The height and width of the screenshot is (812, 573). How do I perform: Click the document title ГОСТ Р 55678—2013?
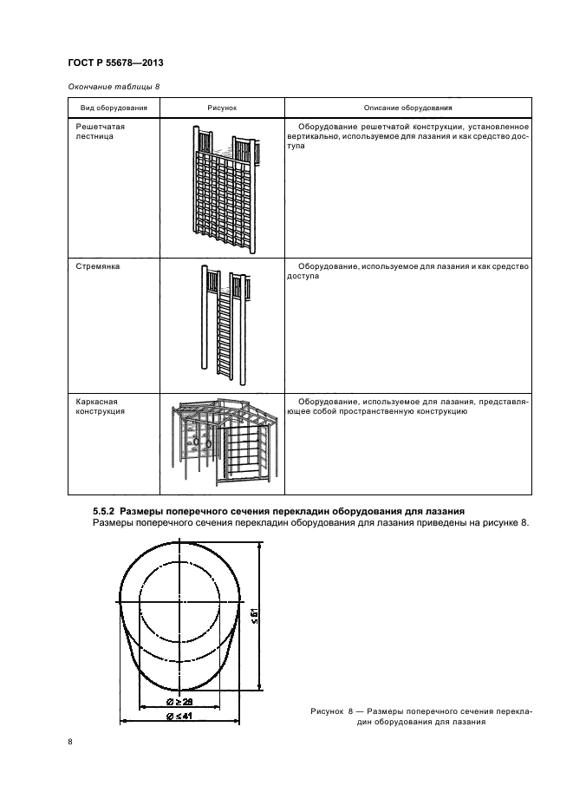(115, 62)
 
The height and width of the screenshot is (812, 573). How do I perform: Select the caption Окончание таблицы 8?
(114, 87)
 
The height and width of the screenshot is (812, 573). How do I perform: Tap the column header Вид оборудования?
(114, 108)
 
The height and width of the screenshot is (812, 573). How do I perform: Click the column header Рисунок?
(222, 108)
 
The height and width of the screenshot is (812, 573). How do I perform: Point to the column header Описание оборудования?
(408, 108)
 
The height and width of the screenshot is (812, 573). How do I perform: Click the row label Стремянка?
(98, 266)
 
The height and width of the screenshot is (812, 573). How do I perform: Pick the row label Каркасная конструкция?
(101, 406)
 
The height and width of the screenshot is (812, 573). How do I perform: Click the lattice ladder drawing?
(223, 189)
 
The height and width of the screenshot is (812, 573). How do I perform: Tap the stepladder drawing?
(224, 324)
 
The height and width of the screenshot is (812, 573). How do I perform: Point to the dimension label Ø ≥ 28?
(179, 702)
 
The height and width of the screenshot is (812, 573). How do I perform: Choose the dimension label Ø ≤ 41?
(179, 717)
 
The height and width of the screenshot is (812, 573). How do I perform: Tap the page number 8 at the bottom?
(70, 742)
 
